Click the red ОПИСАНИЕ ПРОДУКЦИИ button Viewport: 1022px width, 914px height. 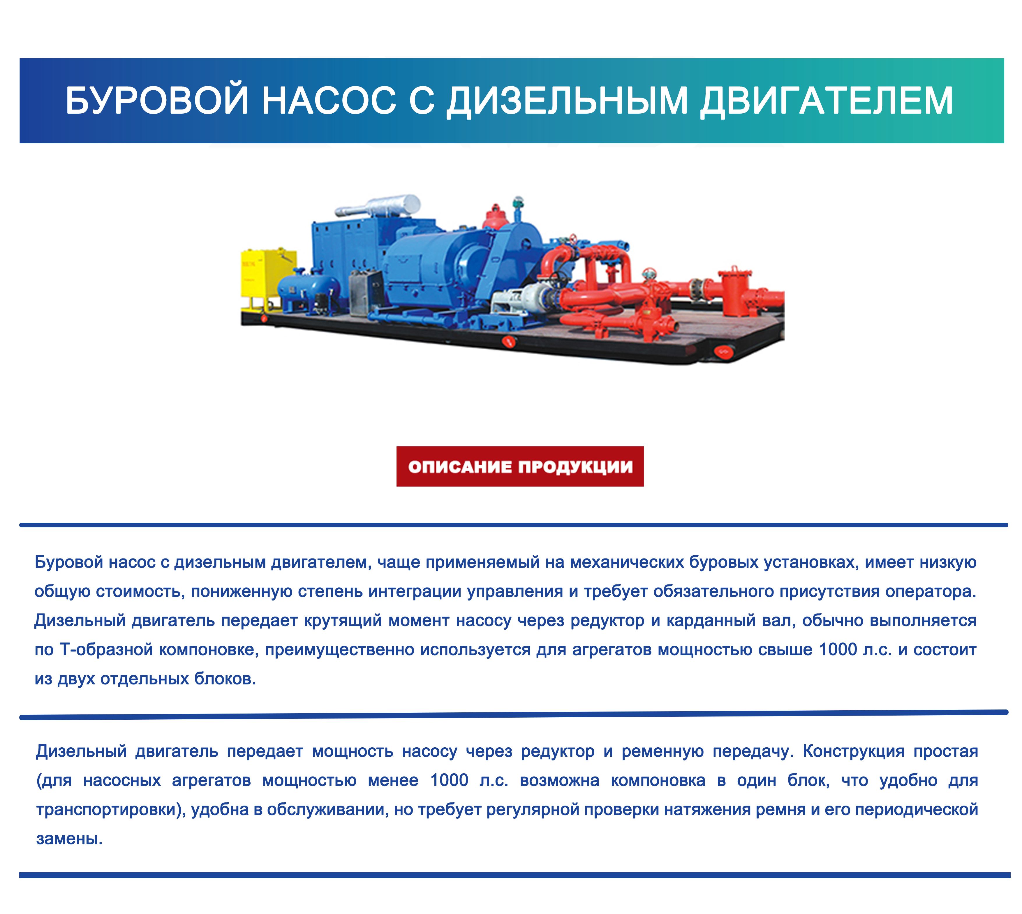pos(520,466)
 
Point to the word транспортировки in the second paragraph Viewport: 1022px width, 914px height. pos(110,809)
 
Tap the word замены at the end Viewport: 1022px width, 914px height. pos(69,839)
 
